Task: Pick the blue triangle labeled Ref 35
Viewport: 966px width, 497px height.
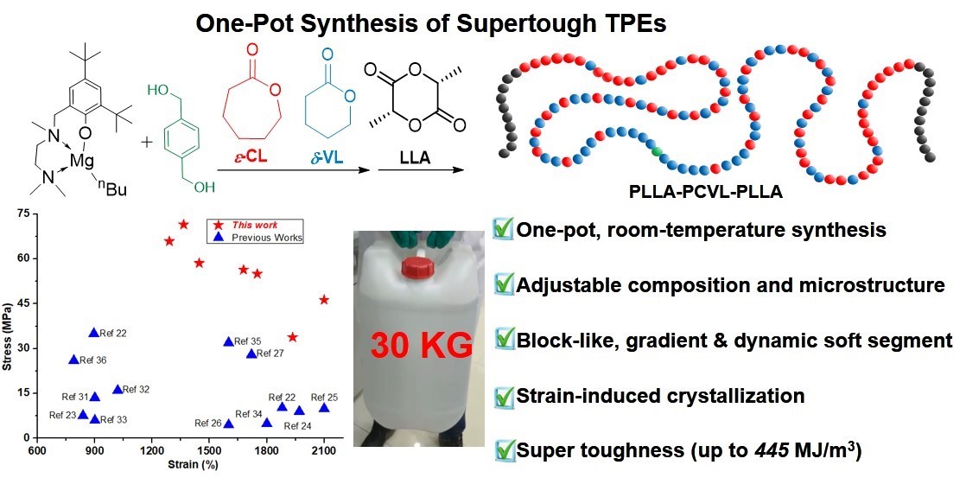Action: click(229, 341)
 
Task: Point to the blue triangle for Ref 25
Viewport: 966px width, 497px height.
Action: click(324, 407)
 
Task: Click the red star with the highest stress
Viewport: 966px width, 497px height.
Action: click(183, 225)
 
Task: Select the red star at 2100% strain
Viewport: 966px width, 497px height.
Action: click(324, 299)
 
